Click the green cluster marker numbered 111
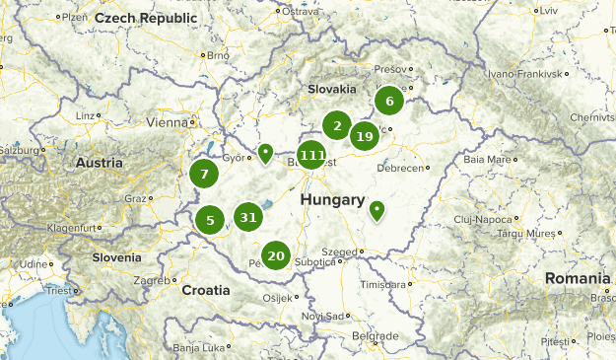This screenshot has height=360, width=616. pyautogui.click(x=312, y=155)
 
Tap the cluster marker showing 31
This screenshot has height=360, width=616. pyautogui.click(x=247, y=218)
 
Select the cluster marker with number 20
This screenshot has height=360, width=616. pyautogui.click(x=276, y=256)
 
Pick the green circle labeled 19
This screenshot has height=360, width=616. pyautogui.click(x=365, y=137)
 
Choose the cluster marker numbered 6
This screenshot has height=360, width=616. pyautogui.click(x=389, y=100)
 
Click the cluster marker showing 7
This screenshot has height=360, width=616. pyautogui.click(x=204, y=175)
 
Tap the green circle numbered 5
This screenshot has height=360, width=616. pyautogui.click(x=210, y=220)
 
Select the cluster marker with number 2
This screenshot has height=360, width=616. pyautogui.click(x=337, y=125)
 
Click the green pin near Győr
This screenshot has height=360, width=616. pyautogui.click(x=265, y=153)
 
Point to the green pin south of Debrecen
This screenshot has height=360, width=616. pyautogui.click(x=376, y=209)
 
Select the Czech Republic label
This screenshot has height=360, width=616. pyautogui.click(x=140, y=19)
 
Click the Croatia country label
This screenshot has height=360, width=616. pyautogui.click(x=206, y=290)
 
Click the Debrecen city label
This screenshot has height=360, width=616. pyautogui.click(x=400, y=169)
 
